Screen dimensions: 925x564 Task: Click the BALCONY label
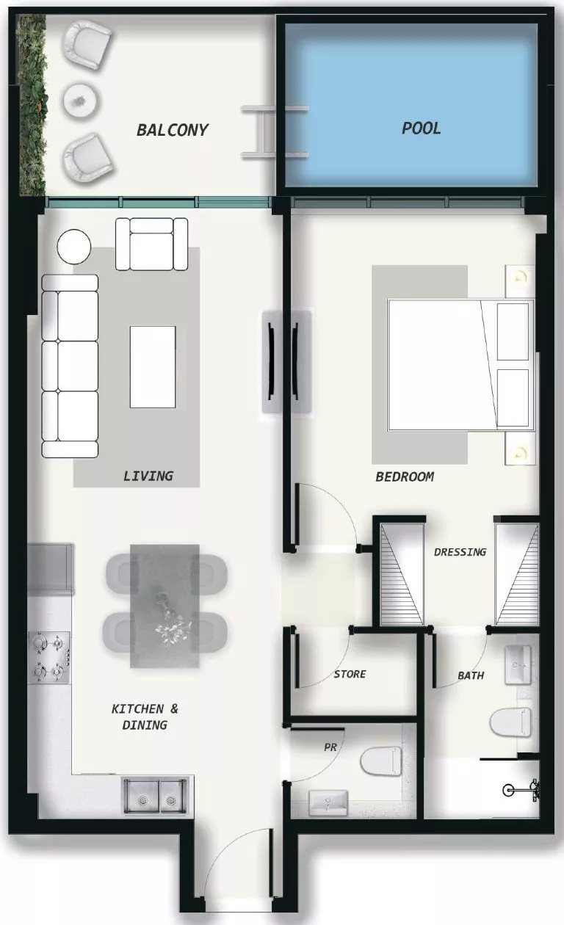point(173,131)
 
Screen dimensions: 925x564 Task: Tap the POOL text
point(422,128)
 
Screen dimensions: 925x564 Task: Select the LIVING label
point(148,476)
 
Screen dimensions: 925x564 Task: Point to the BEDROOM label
point(405,476)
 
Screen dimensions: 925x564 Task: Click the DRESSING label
point(460,552)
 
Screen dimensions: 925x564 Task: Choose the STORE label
point(350,674)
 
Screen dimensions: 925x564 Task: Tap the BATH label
point(471,675)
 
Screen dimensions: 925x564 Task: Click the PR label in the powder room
point(330,747)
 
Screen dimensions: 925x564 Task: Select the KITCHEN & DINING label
point(145,717)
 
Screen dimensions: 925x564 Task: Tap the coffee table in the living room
point(153,366)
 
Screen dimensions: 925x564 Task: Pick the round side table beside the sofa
point(74,247)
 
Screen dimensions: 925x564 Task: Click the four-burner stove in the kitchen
point(50,658)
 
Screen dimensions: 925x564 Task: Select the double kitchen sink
point(155,795)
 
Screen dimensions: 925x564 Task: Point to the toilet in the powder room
point(382,761)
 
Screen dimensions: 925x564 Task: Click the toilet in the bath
point(510,721)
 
